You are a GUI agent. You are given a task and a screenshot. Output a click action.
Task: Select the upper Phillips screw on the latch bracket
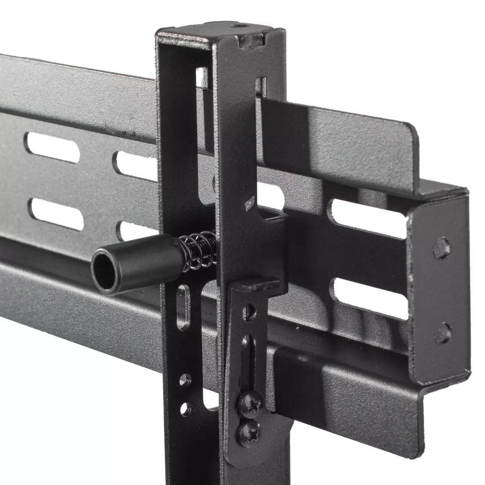(250, 404)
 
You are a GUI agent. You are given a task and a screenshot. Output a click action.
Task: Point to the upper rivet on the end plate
(442, 248)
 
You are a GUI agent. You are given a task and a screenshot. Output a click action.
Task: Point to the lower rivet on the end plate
(443, 333)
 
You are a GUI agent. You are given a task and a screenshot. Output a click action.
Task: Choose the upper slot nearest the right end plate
(369, 218)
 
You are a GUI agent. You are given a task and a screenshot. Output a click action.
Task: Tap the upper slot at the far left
(52, 147)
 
